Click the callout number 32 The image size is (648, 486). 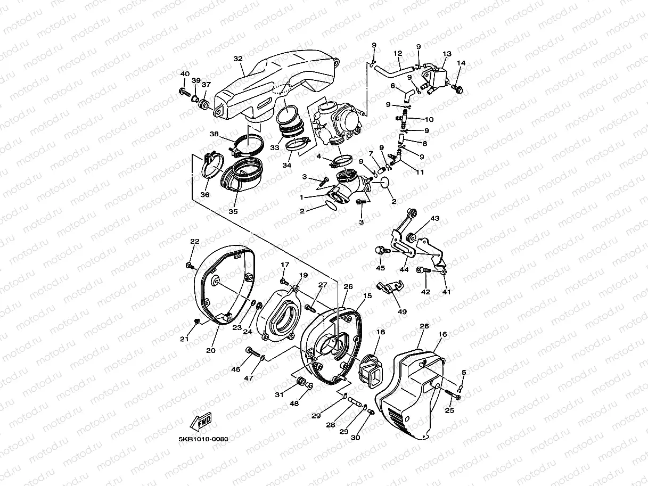tap(237, 59)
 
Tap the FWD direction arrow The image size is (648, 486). tap(201, 421)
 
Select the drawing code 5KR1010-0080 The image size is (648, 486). tap(203, 439)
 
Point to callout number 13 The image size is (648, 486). tap(447, 54)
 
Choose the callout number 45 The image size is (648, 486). tap(380, 268)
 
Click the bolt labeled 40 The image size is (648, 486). tap(185, 93)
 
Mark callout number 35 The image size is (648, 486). tap(233, 211)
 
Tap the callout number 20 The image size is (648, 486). tap(210, 350)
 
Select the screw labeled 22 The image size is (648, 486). tap(190, 265)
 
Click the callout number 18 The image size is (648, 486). tap(380, 332)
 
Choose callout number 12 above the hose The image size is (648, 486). tap(397, 53)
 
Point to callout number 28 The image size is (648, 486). tap(330, 424)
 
